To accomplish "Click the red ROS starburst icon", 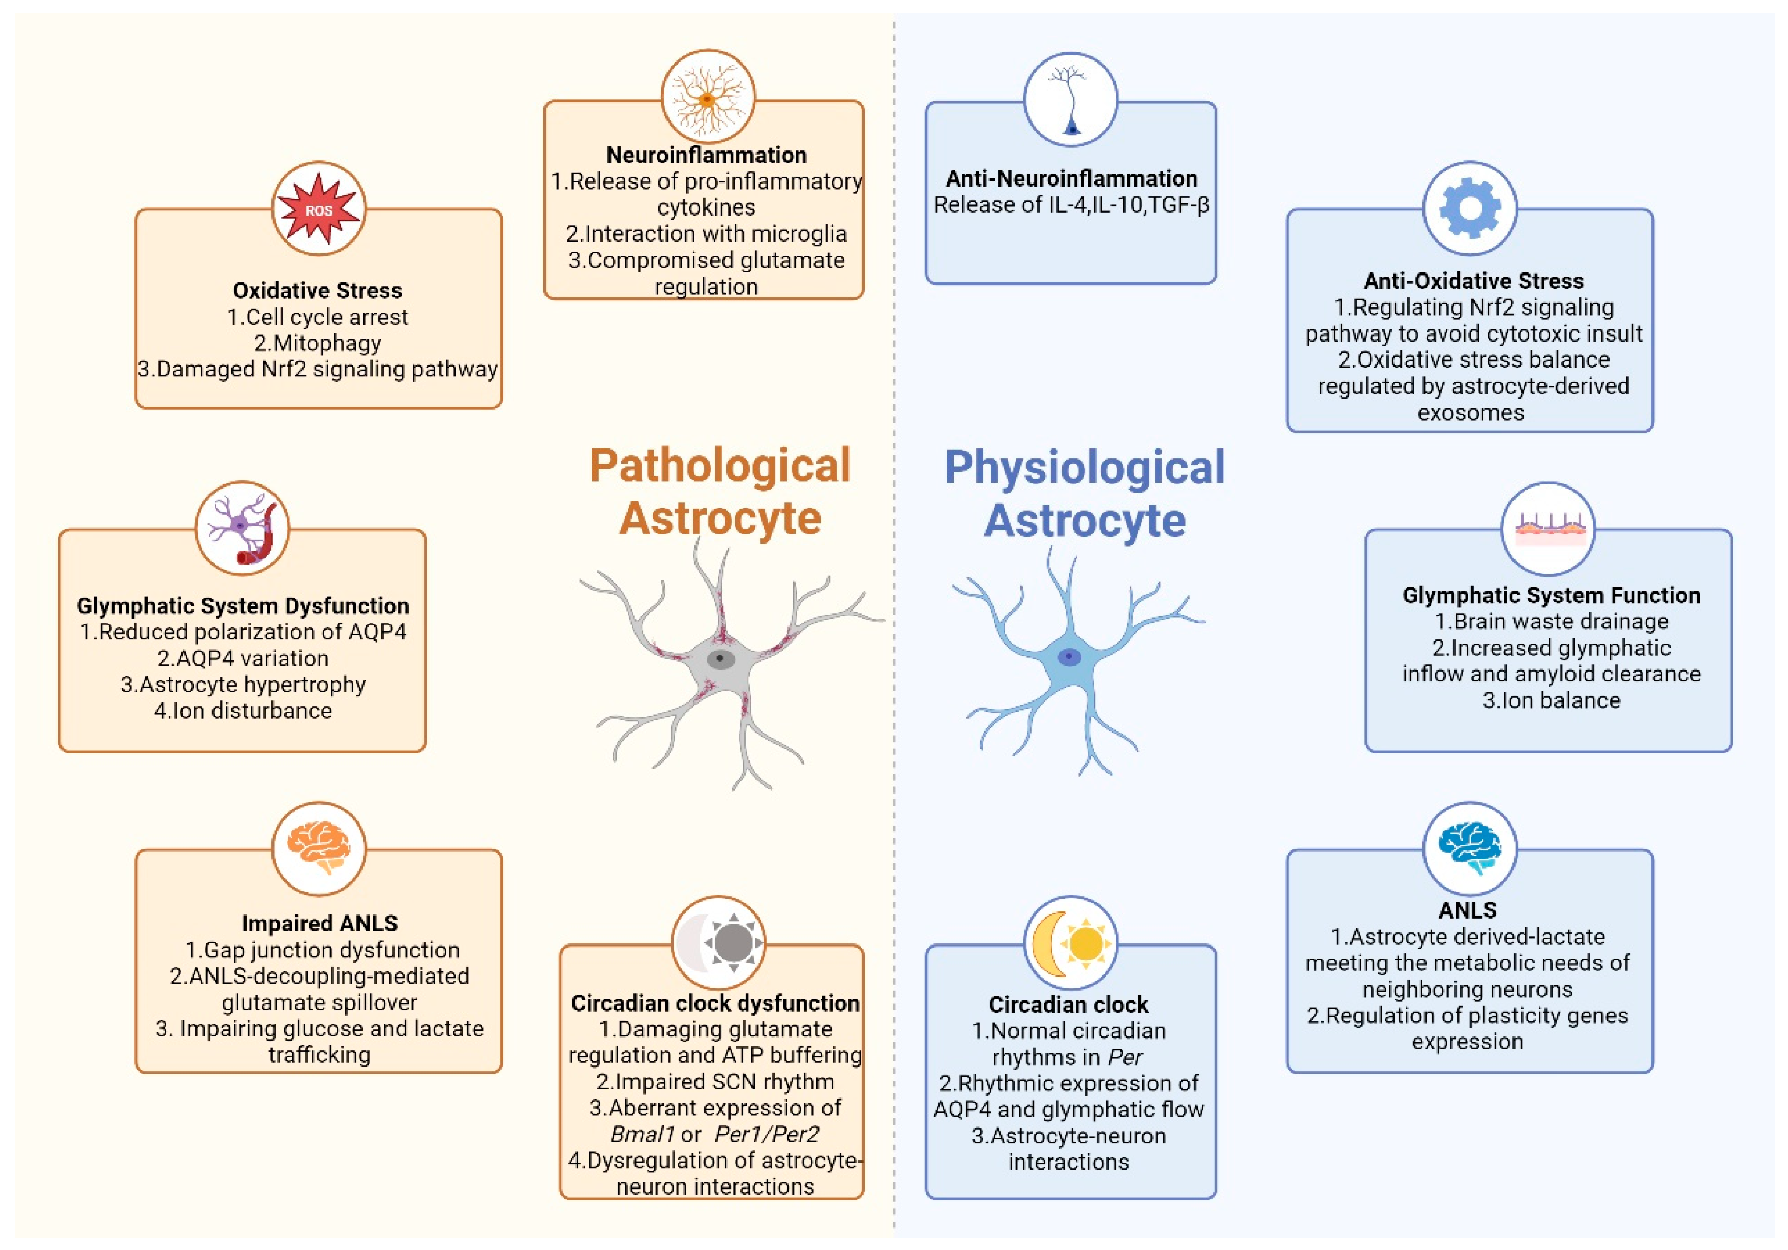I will click(319, 209).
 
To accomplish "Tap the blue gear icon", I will click(1469, 209).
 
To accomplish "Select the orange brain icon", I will click(319, 849).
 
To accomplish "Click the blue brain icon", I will click(1469, 849).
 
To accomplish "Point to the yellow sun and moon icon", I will click(1070, 943).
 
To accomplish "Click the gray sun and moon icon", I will click(718, 943).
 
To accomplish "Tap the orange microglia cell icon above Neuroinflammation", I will click(707, 98).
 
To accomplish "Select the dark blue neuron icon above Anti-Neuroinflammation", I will click(1071, 100).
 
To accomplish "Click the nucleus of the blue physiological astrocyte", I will click(1069, 657).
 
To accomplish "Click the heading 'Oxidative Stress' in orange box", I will click(318, 290).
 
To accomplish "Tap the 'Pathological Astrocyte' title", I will click(719, 492).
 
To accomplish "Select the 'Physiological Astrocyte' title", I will click(1084, 493).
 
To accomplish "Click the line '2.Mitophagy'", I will click(318, 343).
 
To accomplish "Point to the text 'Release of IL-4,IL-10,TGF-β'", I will click(1071, 205).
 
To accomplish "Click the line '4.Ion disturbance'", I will click(243, 710).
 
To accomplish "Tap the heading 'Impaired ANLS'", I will click(319, 923).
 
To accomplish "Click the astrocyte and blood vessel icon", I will click(242, 529).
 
